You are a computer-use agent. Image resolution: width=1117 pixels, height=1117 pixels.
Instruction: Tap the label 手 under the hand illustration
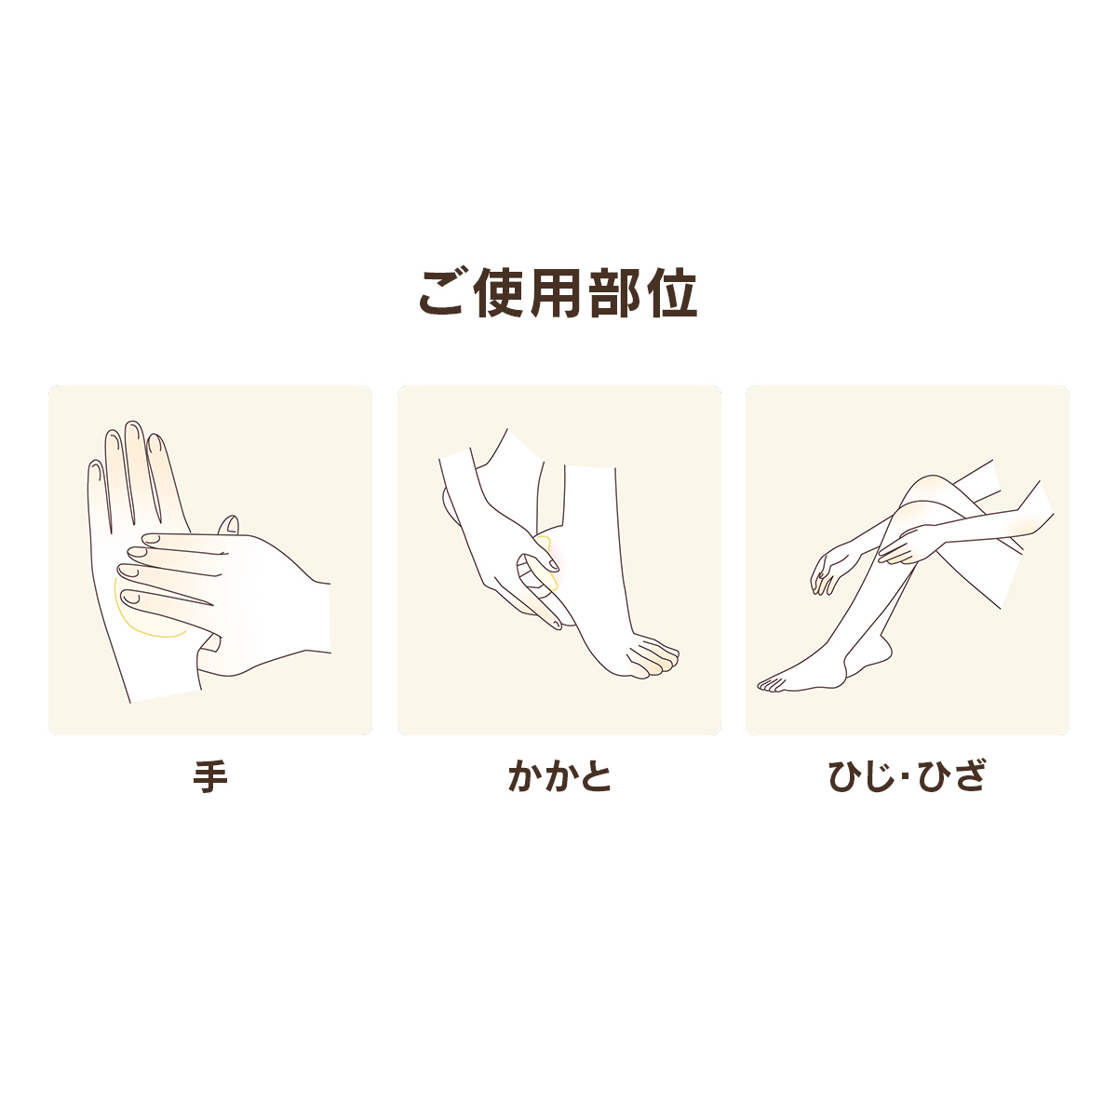pyautogui.click(x=209, y=776)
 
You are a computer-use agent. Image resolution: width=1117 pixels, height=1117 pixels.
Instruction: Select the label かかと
pyautogui.click(x=559, y=776)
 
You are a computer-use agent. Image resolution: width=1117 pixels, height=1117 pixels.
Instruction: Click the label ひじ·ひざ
pyautogui.click(x=908, y=776)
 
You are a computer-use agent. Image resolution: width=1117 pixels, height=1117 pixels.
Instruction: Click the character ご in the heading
pyautogui.click(x=442, y=293)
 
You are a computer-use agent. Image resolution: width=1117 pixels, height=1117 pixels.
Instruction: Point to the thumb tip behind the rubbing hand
pyautogui.click(x=230, y=525)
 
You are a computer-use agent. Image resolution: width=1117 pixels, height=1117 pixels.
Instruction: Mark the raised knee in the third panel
pyautogui.click(x=927, y=491)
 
